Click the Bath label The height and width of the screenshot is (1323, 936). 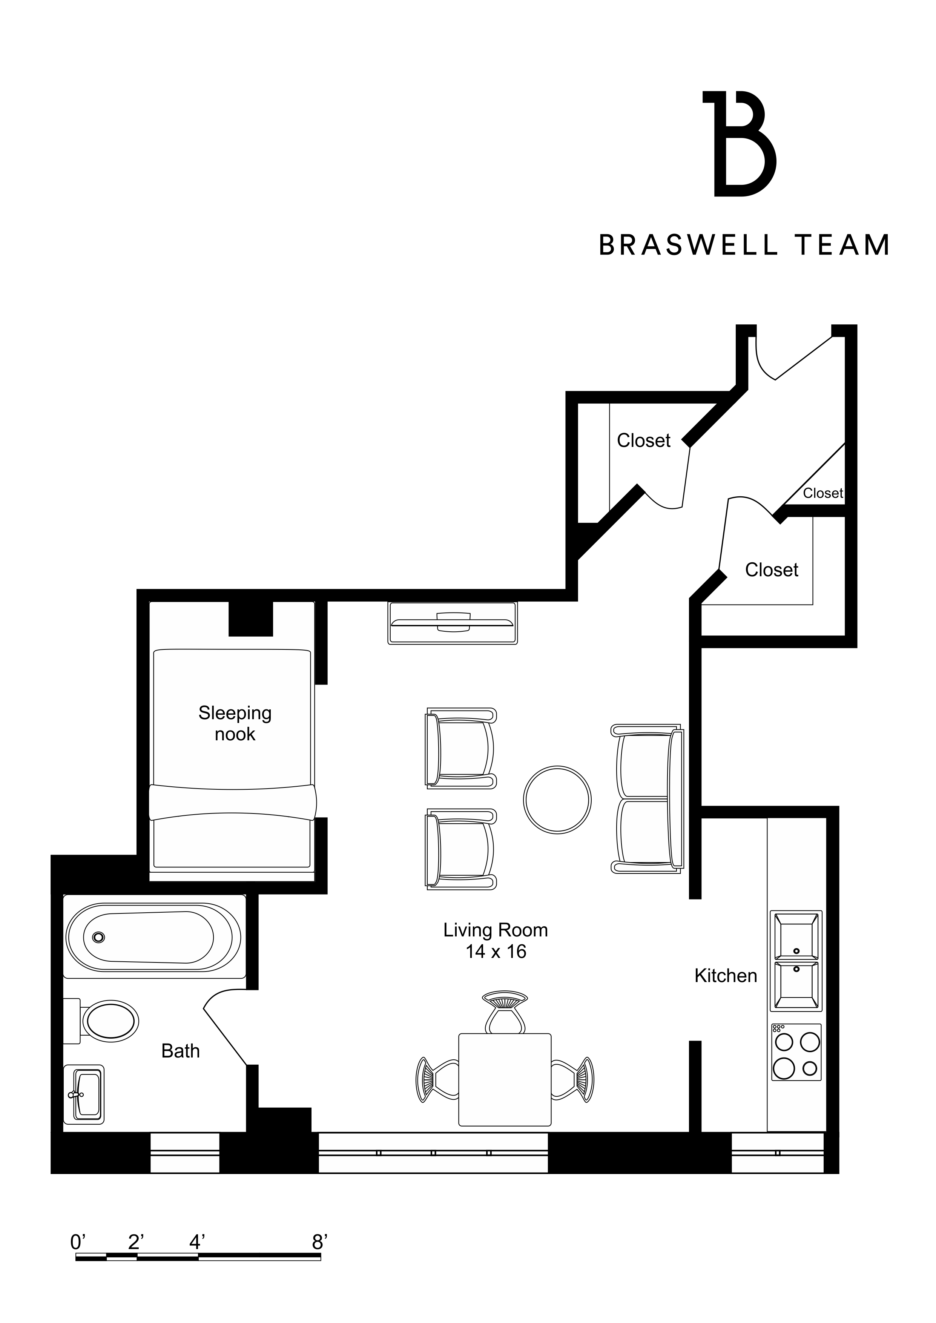click(180, 1051)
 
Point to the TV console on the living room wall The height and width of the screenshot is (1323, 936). click(453, 623)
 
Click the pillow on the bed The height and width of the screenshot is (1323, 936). click(232, 802)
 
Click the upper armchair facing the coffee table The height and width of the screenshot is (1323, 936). click(461, 747)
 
